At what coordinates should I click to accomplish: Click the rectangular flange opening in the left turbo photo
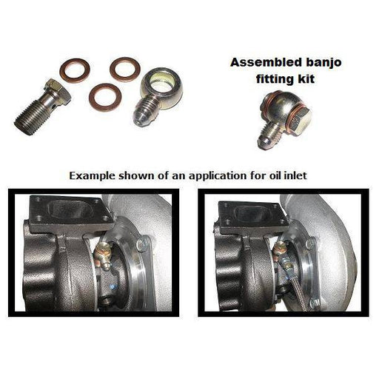point(71,209)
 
